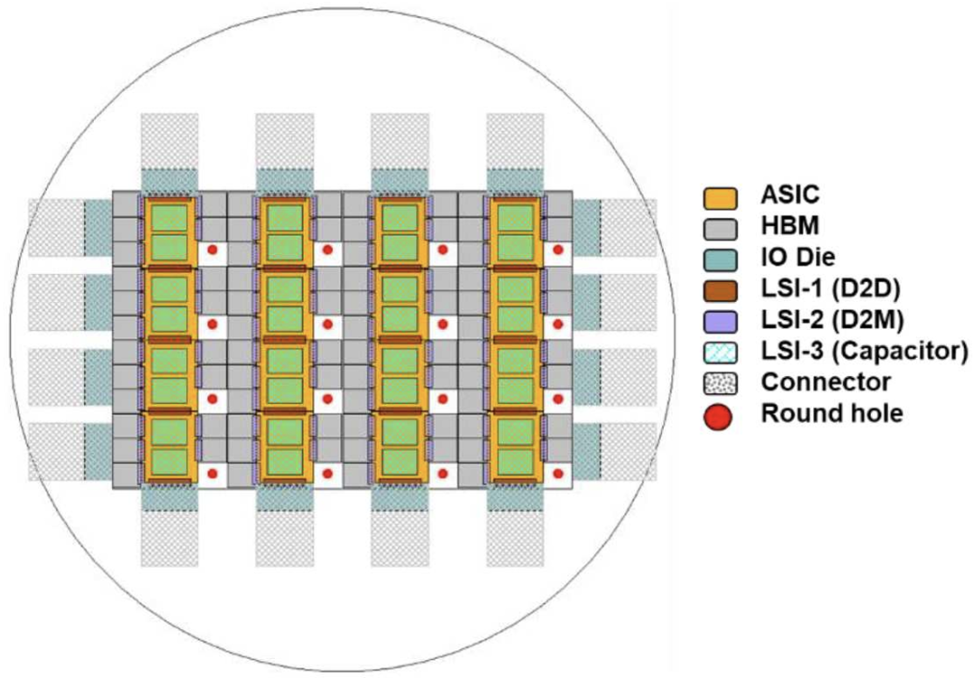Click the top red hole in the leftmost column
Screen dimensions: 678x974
[213, 249]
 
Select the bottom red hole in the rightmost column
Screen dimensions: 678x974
[558, 473]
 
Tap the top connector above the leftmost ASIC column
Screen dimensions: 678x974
[170, 140]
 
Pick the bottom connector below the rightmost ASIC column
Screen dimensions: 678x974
[515, 539]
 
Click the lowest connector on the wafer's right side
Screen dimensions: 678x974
[629, 451]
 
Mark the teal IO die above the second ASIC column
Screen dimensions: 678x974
[284, 179]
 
